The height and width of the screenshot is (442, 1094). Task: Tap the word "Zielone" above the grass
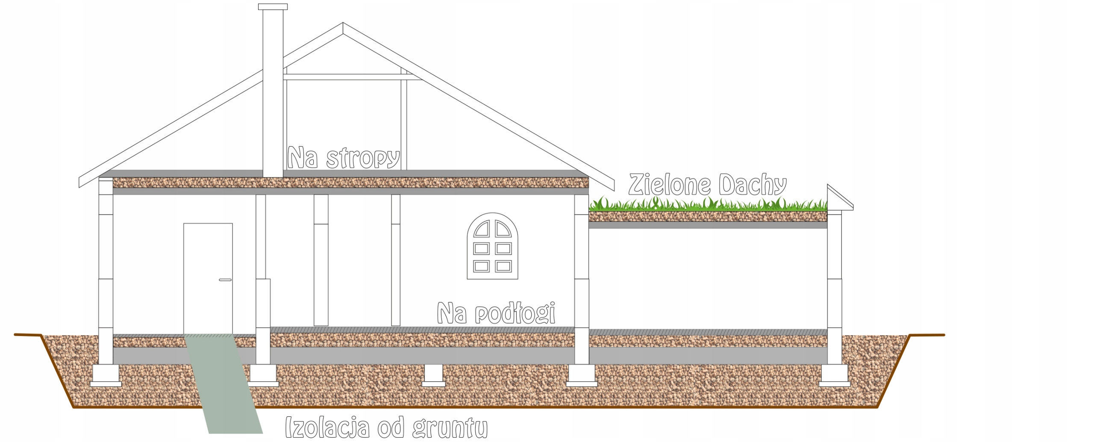coord(669,185)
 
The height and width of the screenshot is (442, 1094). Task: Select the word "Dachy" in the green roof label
coord(752,185)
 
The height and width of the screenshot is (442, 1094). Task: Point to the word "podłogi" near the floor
coord(515,313)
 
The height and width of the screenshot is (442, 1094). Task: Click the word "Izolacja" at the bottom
coord(327,427)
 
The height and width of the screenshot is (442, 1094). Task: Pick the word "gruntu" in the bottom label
coord(450,428)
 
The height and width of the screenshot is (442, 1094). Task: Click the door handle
coord(225,280)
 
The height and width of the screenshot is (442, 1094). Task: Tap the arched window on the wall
coord(492,247)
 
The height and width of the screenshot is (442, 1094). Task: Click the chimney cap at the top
coord(273,6)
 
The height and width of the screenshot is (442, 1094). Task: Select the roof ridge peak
coord(343,25)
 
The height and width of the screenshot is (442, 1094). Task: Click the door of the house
coord(208,278)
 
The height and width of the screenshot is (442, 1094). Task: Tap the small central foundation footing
coord(433,375)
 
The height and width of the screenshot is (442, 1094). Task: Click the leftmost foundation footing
coord(106,375)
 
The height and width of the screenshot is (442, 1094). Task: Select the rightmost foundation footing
coord(834,375)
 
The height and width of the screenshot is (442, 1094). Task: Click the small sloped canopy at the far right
coord(839,199)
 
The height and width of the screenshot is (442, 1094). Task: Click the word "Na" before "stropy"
coord(303,158)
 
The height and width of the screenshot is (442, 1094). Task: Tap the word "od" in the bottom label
coord(391,428)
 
